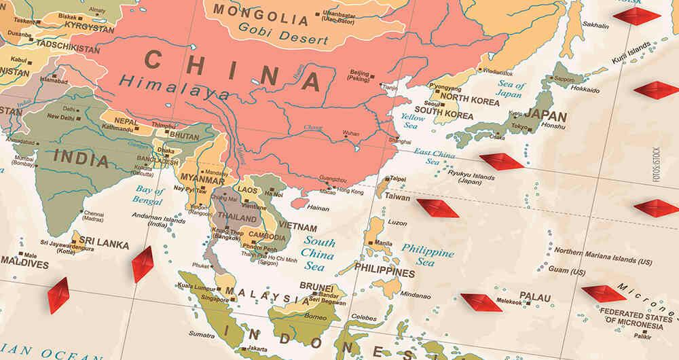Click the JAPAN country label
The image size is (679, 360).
(545, 115)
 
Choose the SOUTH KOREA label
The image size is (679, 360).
(443, 116)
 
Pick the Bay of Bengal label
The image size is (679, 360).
(148, 195)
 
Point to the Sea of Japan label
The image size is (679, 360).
(509, 90)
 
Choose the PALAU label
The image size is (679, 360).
(535, 296)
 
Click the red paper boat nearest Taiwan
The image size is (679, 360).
(437, 208)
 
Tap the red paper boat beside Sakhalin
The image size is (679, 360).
(636, 16)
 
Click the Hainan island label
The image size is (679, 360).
(318, 208)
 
